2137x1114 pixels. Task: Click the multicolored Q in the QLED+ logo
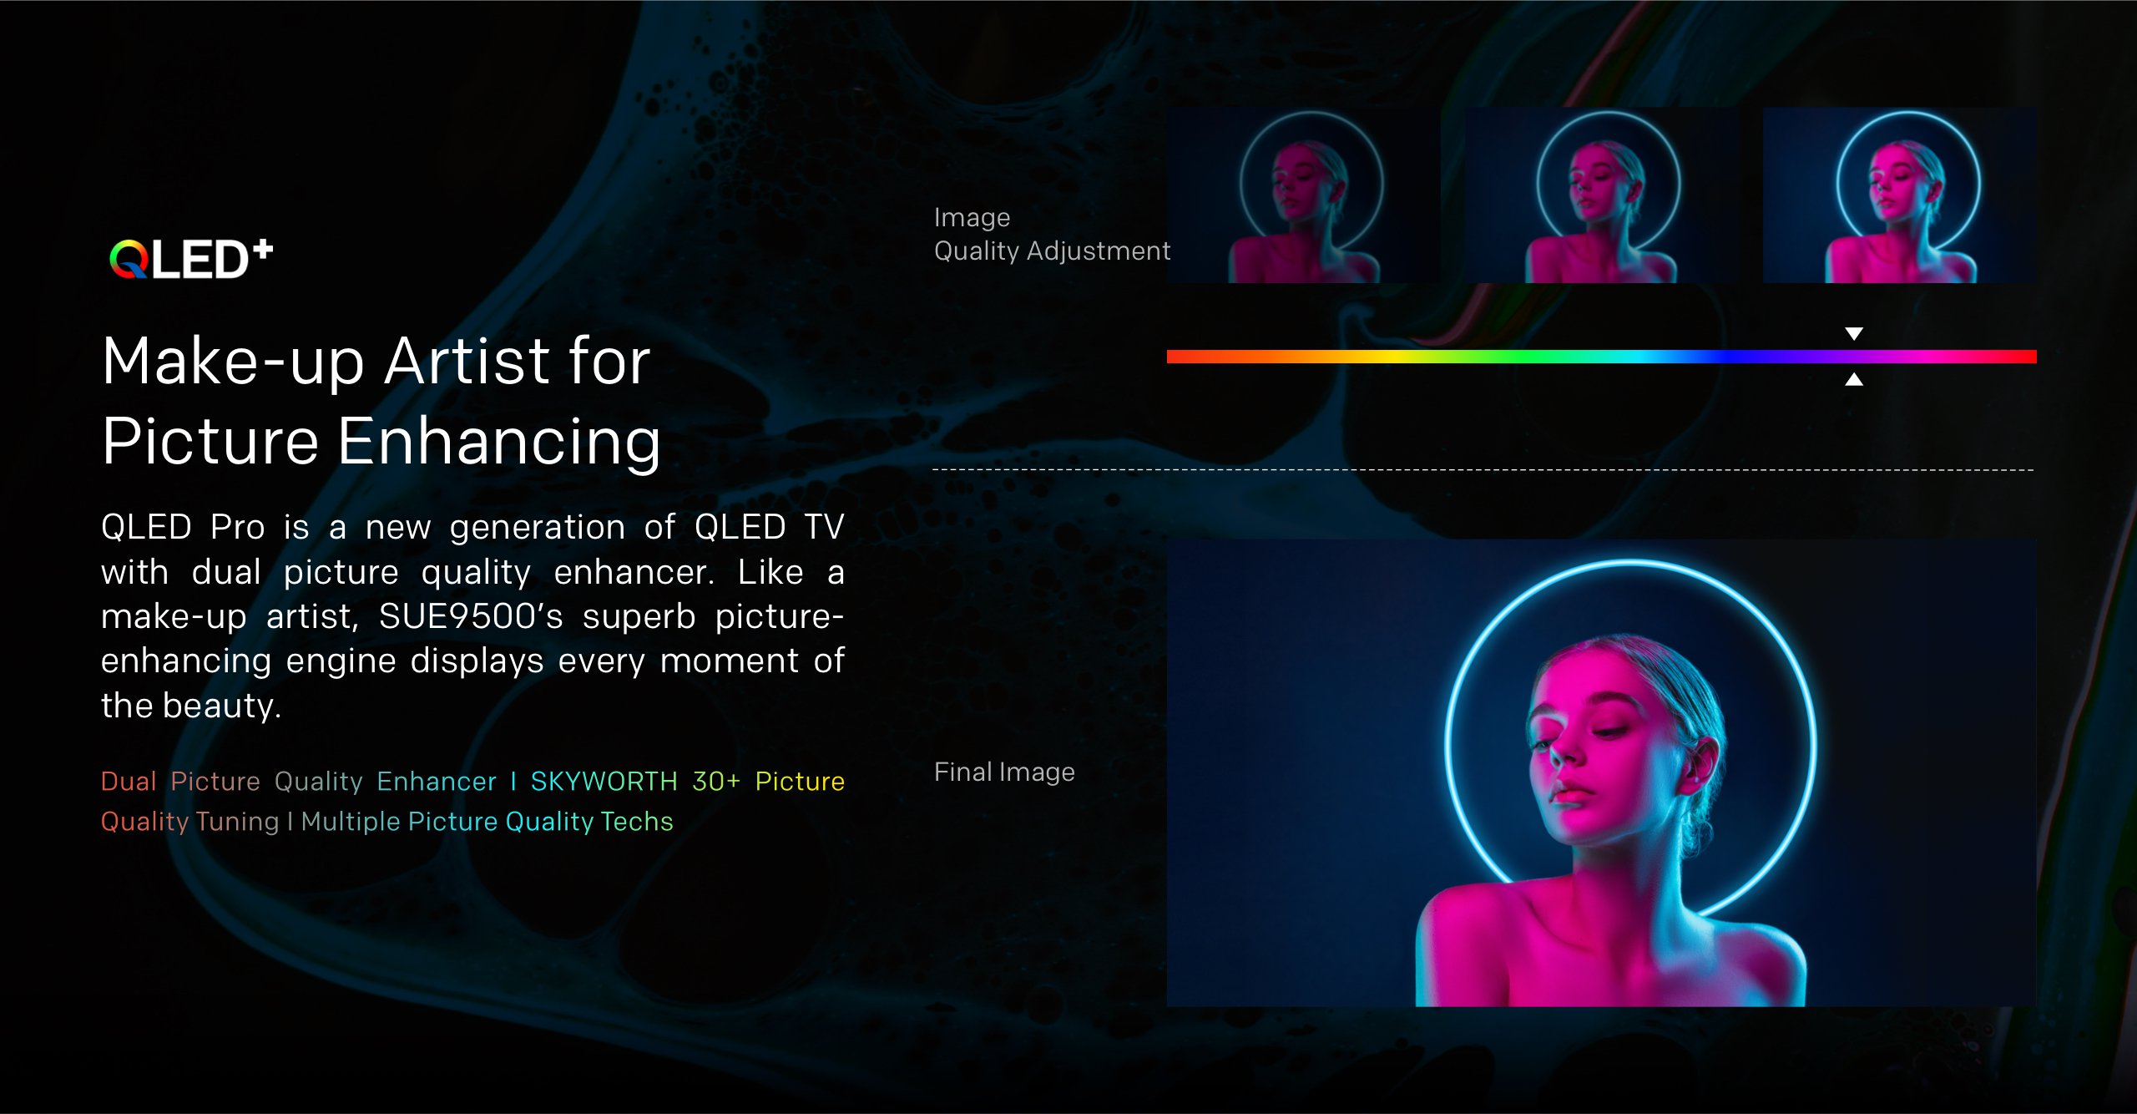(129, 259)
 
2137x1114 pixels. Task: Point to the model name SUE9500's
(471, 616)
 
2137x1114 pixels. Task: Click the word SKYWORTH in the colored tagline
(604, 781)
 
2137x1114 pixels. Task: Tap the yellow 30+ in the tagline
(716, 781)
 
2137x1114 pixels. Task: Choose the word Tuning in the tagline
(237, 822)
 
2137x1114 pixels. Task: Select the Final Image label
(1004, 772)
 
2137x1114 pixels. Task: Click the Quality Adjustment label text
(1052, 251)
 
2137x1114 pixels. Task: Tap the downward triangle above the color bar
(1854, 334)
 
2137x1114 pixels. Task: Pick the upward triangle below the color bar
(1854, 379)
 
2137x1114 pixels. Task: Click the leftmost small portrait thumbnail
(1304, 195)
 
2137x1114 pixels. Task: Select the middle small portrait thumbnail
(1602, 195)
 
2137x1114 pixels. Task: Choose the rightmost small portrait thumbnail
(1900, 195)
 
